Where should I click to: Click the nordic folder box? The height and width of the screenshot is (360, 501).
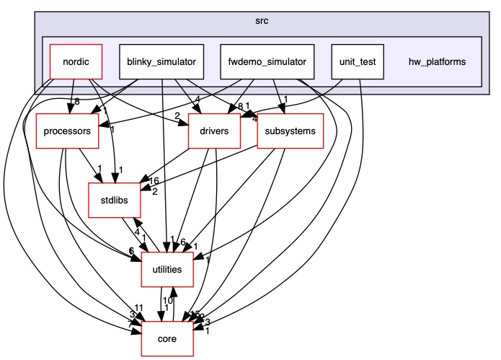[x=76, y=61]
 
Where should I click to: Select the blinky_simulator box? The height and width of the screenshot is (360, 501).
[x=161, y=61]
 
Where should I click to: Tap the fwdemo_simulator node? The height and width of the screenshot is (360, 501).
[x=266, y=61]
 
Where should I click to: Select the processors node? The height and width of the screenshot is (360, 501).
[x=67, y=131]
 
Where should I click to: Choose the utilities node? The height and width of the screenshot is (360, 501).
[x=167, y=269]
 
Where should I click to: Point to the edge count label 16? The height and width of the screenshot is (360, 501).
[x=154, y=181]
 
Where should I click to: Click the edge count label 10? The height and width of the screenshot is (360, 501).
[x=166, y=300]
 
